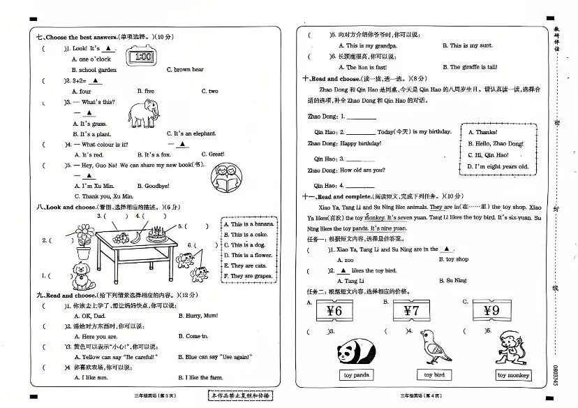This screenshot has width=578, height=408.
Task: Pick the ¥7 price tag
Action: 412,311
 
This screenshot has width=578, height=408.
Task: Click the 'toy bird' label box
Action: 434,375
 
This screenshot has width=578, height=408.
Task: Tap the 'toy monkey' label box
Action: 513,375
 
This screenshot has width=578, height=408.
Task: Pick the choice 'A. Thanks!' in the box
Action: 482,132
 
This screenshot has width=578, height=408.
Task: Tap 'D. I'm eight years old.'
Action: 498,167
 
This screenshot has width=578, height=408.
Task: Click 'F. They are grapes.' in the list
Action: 249,276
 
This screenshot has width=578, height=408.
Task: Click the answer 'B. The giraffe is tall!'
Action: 470,67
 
